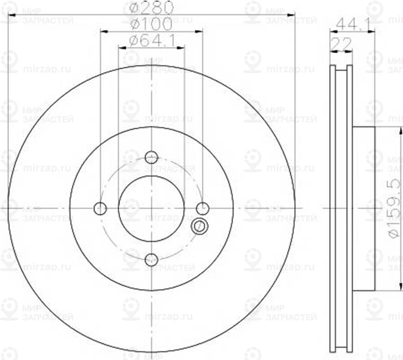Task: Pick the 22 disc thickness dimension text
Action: tap(341, 44)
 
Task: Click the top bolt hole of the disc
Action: tap(152, 157)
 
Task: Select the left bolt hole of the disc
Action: tap(100, 208)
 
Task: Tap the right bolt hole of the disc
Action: tap(203, 208)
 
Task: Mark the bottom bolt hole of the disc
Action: tap(152, 259)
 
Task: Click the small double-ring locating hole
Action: tap(199, 226)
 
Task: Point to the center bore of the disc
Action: tap(152, 208)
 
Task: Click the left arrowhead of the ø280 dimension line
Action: tap(11, 15)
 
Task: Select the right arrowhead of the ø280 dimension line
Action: tap(292, 15)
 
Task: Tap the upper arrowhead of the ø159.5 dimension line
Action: tap(400, 130)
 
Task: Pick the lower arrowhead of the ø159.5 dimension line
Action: tap(400, 287)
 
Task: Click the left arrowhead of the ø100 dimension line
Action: tap(103, 31)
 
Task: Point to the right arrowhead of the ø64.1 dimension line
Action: tap(182, 47)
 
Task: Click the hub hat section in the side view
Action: tap(363, 208)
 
